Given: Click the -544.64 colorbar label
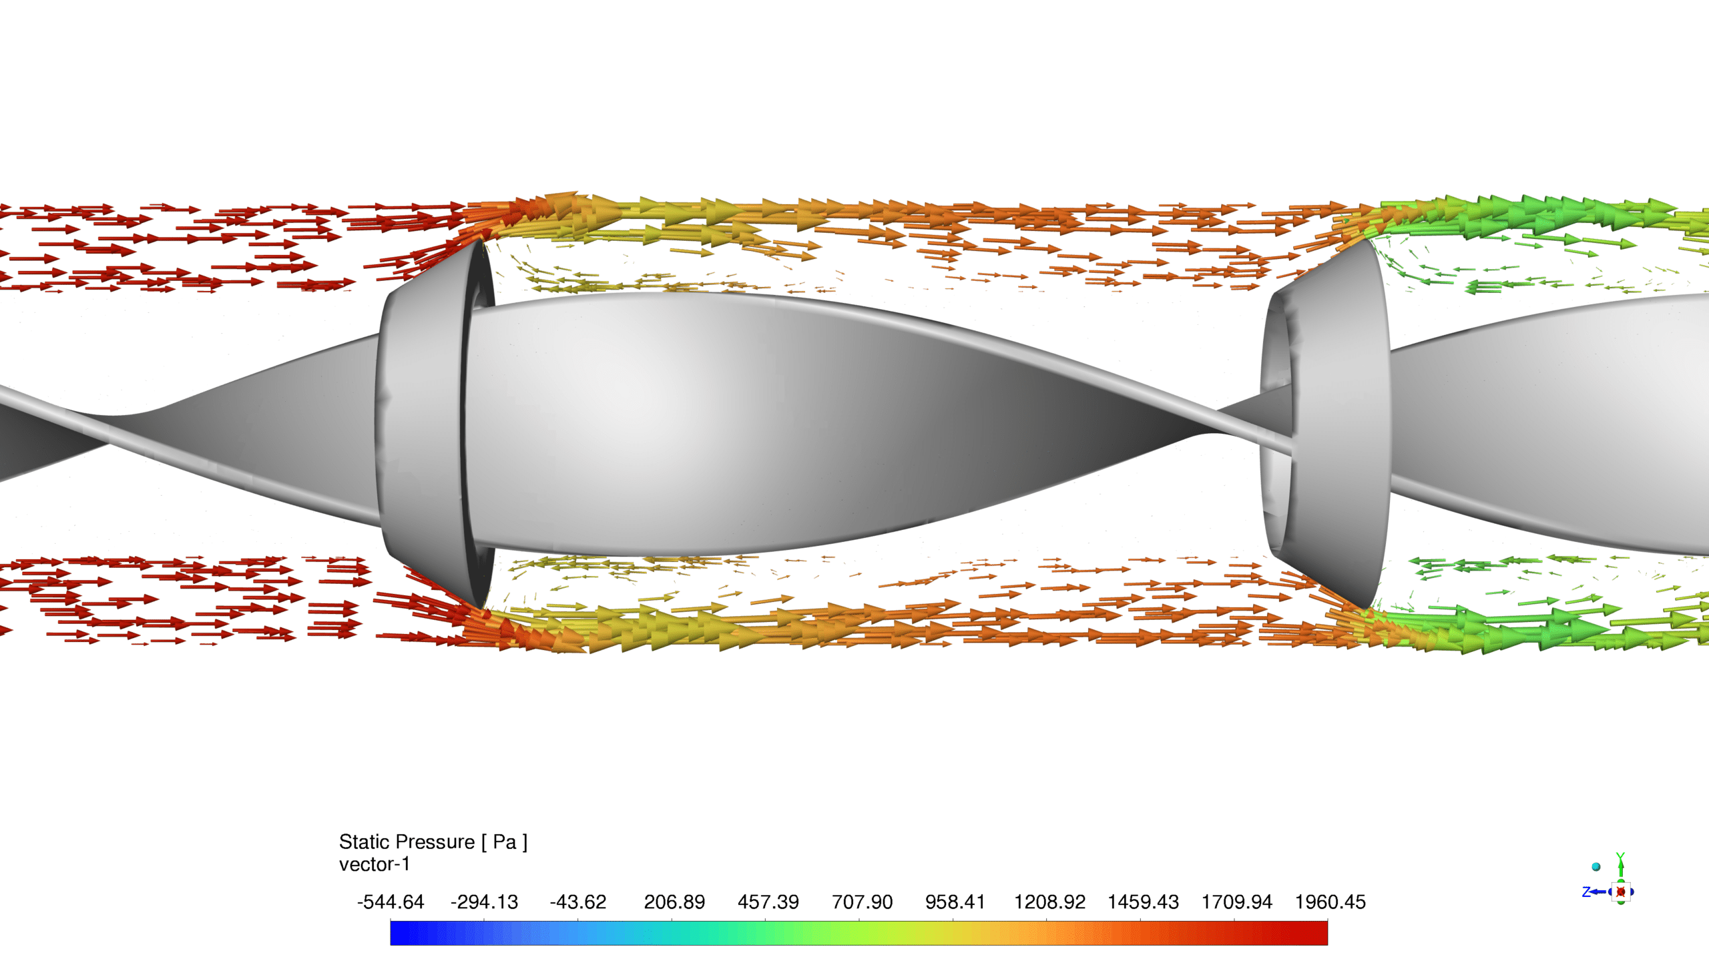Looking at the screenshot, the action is (391, 902).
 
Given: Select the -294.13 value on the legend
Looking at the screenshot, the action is (484, 902).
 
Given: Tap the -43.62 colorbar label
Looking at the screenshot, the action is (578, 902).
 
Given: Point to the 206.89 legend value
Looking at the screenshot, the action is (674, 902).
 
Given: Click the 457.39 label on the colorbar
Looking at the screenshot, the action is (768, 902).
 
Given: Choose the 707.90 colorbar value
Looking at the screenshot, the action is (862, 902).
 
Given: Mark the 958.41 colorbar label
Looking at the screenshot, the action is (955, 902).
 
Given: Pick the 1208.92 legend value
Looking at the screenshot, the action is (1049, 902).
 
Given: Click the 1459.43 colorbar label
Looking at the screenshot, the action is (1143, 902).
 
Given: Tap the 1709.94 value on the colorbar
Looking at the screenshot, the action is (1237, 902).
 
